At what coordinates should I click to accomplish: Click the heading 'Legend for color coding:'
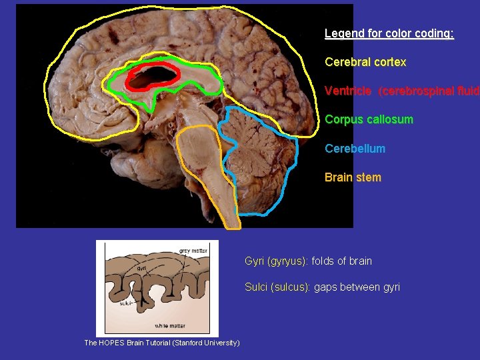point(389,33)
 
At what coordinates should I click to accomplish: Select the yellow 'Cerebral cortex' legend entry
point(365,62)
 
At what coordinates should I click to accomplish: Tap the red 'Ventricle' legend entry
point(347,91)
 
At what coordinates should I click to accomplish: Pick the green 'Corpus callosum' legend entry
point(369,120)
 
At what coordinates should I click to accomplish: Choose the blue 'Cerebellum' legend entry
point(355,149)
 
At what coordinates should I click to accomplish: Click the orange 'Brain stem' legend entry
point(353,177)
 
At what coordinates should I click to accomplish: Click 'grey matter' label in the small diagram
point(193,251)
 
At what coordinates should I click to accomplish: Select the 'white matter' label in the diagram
point(171,325)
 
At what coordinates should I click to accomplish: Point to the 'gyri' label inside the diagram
point(141,268)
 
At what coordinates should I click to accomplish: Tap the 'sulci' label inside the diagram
point(126,303)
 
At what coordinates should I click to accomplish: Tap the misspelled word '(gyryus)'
point(287,261)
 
